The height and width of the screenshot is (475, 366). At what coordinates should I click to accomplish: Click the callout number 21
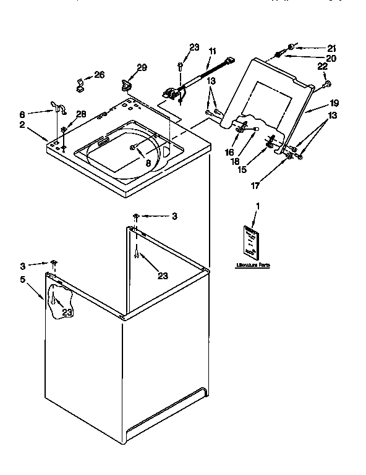[x=331, y=48]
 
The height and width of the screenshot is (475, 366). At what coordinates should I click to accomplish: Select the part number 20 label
[x=331, y=58]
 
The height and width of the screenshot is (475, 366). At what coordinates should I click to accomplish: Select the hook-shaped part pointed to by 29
[x=129, y=80]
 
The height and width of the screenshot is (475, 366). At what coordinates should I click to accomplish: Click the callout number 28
[x=80, y=114]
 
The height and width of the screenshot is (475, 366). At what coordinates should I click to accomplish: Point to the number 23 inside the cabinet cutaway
[x=66, y=313]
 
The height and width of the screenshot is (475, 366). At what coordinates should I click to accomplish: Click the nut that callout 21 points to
[x=291, y=46]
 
